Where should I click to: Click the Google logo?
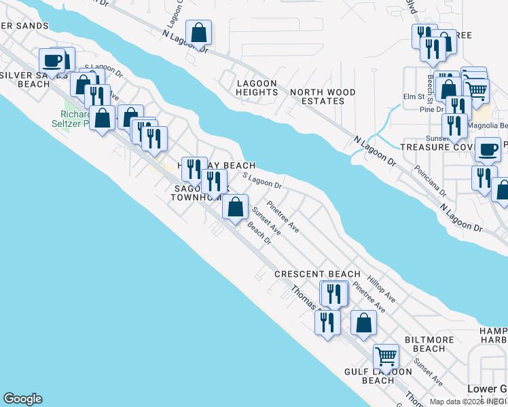(22, 399)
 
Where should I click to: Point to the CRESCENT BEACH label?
(317, 274)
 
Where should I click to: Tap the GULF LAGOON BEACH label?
(378, 376)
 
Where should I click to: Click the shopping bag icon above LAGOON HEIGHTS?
(198, 32)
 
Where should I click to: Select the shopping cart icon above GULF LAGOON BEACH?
(386, 355)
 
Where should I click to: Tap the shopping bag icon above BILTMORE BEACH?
(363, 322)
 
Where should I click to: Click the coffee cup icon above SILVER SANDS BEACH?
(52, 60)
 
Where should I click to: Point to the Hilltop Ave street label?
(381, 288)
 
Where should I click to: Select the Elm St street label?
(412, 97)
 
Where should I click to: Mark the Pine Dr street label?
(431, 109)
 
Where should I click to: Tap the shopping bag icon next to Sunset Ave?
(235, 208)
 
